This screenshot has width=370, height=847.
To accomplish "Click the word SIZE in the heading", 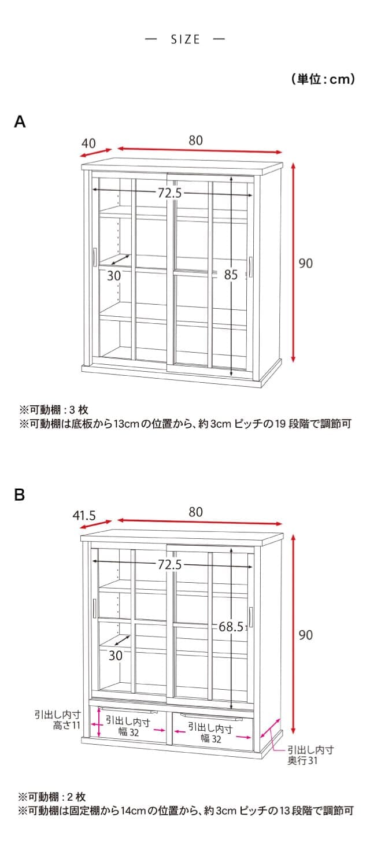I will (185, 39).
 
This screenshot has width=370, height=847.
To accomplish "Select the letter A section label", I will (20, 122).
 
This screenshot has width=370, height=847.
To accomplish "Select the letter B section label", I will (20, 495).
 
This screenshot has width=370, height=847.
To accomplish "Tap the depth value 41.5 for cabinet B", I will (84, 515).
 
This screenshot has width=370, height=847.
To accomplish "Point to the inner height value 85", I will (231, 275).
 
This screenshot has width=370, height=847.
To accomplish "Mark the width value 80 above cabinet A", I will (195, 140).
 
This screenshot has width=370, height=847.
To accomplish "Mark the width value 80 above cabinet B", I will (195, 512).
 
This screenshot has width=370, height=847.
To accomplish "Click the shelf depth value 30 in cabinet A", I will (114, 276).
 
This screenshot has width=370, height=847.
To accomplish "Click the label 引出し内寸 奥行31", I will (310, 755).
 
